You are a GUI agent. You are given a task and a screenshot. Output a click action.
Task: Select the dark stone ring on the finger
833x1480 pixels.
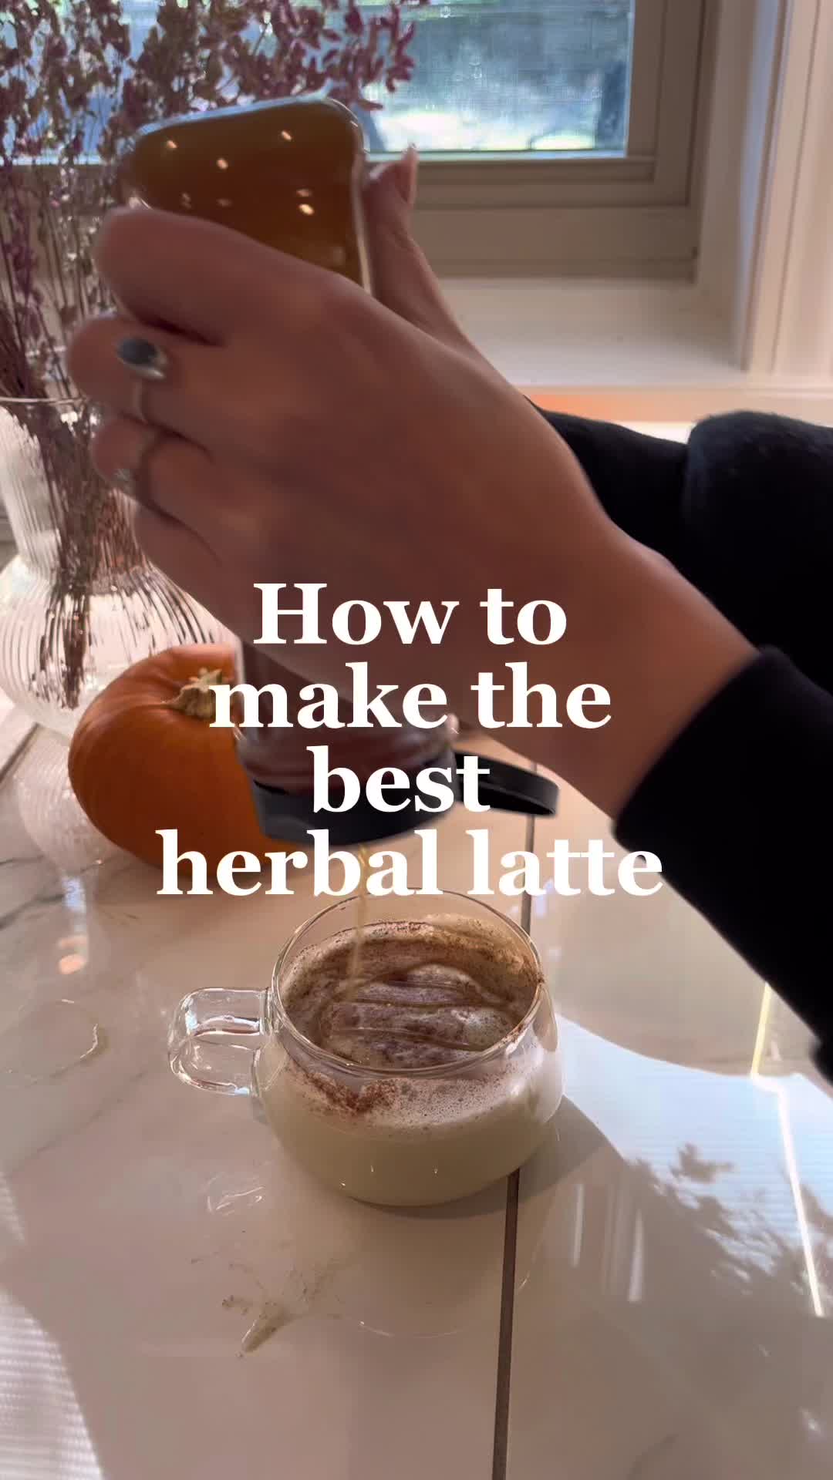click(140, 358)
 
